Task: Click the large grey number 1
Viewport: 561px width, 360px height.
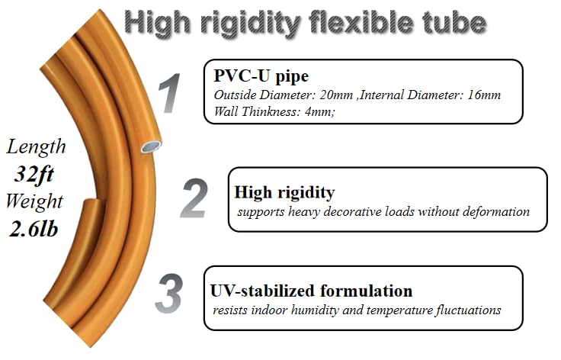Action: coord(170,93)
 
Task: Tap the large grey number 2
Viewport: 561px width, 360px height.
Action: coord(194,198)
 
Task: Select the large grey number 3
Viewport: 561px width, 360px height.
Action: coord(169,294)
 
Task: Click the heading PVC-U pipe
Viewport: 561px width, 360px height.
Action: coord(261,76)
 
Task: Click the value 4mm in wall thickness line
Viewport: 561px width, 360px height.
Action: coord(319,111)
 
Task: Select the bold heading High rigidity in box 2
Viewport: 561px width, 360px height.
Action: coord(285,192)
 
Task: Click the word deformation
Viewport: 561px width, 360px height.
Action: coord(496,211)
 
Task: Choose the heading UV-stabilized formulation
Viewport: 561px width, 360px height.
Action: coord(311,291)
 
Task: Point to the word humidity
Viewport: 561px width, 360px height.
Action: coord(315,310)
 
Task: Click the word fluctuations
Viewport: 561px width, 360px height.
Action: coord(468,310)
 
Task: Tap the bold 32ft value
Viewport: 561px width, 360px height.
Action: coord(34,174)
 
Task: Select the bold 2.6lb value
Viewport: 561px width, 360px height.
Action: coord(34,229)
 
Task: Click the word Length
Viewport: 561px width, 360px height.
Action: coord(36,146)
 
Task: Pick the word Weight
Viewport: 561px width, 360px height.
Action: coord(34,201)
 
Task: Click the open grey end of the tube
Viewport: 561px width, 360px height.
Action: coord(151,146)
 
